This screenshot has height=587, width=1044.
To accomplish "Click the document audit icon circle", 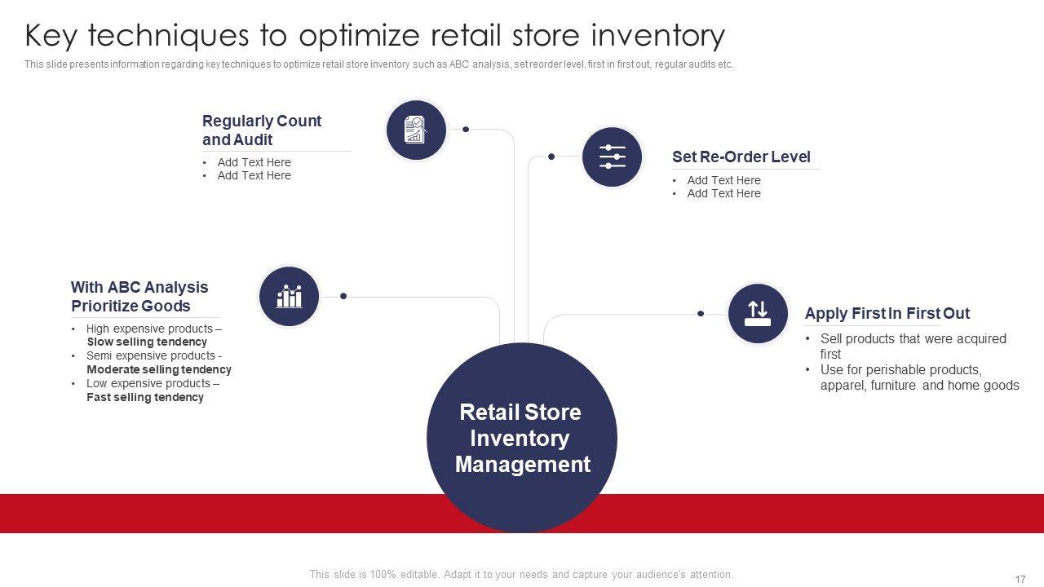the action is click(x=416, y=130).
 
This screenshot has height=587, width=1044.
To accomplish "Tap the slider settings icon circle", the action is click(x=612, y=157).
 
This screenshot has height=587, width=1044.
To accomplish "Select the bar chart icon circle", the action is click(x=289, y=296).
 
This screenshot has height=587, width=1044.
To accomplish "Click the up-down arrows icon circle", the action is click(x=758, y=314).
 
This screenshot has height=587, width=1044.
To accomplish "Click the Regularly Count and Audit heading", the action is click(x=262, y=130).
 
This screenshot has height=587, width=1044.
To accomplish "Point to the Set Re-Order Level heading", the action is click(x=741, y=157).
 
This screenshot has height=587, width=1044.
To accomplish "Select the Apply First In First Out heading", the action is click(x=887, y=313).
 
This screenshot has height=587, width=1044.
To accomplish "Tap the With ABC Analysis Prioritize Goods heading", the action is click(x=139, y=296).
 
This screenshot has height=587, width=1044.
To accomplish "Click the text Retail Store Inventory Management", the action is click(x=522, y=438).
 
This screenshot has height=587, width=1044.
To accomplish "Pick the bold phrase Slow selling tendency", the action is click(x=147, y=342).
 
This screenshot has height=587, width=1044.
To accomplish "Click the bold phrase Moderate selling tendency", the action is click(x=159, y=369).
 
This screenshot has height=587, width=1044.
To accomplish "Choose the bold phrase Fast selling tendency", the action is click(x=145, y=397).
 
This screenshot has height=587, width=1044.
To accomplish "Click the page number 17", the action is click(x=1020, y=579).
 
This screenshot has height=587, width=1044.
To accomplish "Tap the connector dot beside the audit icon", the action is click(x=466, y=130).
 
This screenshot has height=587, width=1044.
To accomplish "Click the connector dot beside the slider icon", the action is click(x=551, y=157).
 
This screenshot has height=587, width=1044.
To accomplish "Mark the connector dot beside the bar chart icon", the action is click(x=343, y=296).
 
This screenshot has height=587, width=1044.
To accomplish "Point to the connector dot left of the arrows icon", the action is click(x=701, y=314).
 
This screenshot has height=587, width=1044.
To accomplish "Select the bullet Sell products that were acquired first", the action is click(x=913, y=346).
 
